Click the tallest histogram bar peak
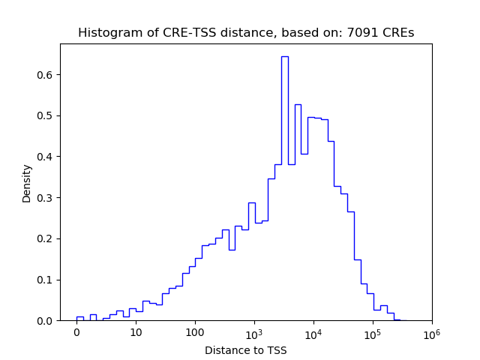pos(284,57)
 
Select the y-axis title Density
pos(27,183)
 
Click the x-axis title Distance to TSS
pos(246,350)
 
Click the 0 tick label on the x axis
pos(76,332)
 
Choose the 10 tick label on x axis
pos(136,332)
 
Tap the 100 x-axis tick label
pos(195,332)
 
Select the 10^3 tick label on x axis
pos(254,331)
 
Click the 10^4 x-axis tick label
pos(313,331)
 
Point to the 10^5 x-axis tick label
pos(373,331)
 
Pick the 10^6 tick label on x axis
pos(432,331)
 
